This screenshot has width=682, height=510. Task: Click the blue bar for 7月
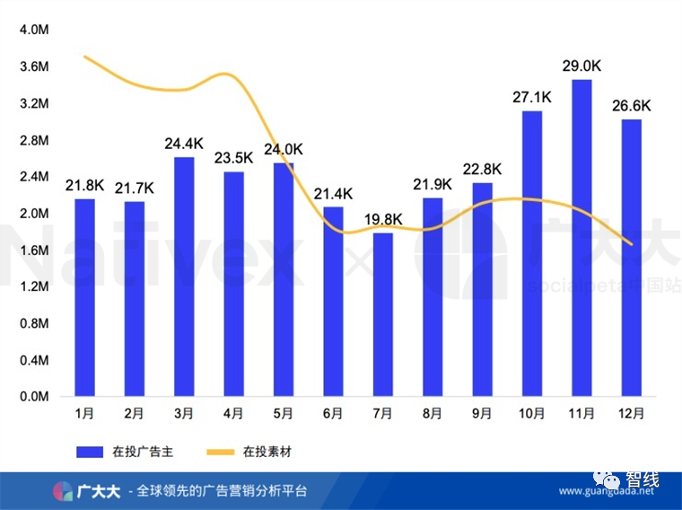(x=383, y=314)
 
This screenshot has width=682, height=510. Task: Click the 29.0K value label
(x=583, y=66)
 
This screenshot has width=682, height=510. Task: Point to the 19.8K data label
(x=383, y=218)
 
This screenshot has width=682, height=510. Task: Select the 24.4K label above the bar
(x=184, y=143)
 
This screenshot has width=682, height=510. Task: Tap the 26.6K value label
(x=632, y=105)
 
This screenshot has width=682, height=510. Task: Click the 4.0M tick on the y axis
(x=33, y=30)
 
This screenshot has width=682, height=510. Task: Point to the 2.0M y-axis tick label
(x=33, y=214)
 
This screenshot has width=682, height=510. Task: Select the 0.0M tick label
(x=33, y=397)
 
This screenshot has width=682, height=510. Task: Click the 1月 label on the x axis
(x=84, y=414)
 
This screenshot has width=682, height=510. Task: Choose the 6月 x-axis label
(x=333, y=414)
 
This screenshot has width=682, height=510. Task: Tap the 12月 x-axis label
(x=632, y=414)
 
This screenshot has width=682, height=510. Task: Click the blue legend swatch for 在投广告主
(x=91, y=451)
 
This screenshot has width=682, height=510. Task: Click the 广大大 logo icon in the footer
(x=62, y=491)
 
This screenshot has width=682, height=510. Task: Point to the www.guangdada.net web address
(x=607, y=491)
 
